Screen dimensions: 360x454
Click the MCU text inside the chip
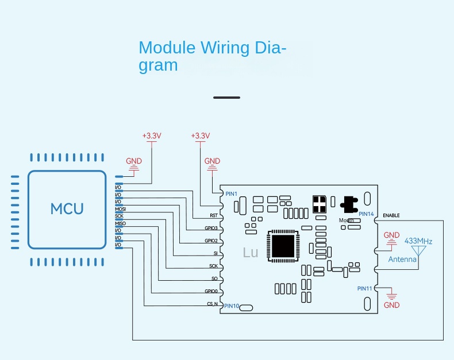pos(67,208)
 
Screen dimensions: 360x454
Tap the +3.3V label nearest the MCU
pos(152,136)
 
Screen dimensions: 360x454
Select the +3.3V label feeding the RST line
pos(200,136)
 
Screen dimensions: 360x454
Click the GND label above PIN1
pos(212,161)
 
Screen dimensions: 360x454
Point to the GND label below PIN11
pos(391,305)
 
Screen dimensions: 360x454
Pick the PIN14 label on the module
pos(365,214)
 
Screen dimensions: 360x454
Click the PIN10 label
pos(232,305)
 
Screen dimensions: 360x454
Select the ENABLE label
pos(391,215)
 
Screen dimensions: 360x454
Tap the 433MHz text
pos(418,241)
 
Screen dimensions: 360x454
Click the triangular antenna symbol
pos(418,250)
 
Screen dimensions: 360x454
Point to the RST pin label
pos(213,216)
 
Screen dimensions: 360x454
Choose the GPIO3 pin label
pos(211,229)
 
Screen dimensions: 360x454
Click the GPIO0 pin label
pos(211,292)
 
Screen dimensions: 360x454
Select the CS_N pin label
pos(211,304)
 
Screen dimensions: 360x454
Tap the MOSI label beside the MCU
pos(120,209)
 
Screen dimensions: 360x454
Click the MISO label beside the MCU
pos(120,223)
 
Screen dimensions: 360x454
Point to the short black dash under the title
pos(226,97)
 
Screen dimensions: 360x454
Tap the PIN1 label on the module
pos(231,193)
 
